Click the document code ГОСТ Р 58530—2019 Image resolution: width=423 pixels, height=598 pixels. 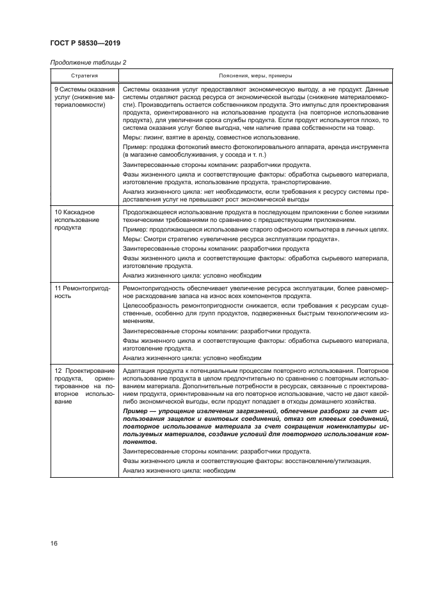(85, 43)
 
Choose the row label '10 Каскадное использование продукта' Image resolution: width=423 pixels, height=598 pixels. (74, 219)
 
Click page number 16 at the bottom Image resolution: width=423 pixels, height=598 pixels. (54, 543)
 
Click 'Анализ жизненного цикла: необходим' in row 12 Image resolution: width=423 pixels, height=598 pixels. (179, 470)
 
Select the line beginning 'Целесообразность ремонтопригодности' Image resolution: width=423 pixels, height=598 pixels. (255, 307)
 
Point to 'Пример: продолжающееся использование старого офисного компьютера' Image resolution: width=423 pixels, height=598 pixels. (255, 229)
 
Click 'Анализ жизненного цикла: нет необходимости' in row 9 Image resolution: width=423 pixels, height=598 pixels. (255, 193)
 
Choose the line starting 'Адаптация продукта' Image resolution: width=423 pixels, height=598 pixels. (255, 371)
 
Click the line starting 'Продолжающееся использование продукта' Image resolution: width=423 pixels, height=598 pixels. (255, 211)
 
